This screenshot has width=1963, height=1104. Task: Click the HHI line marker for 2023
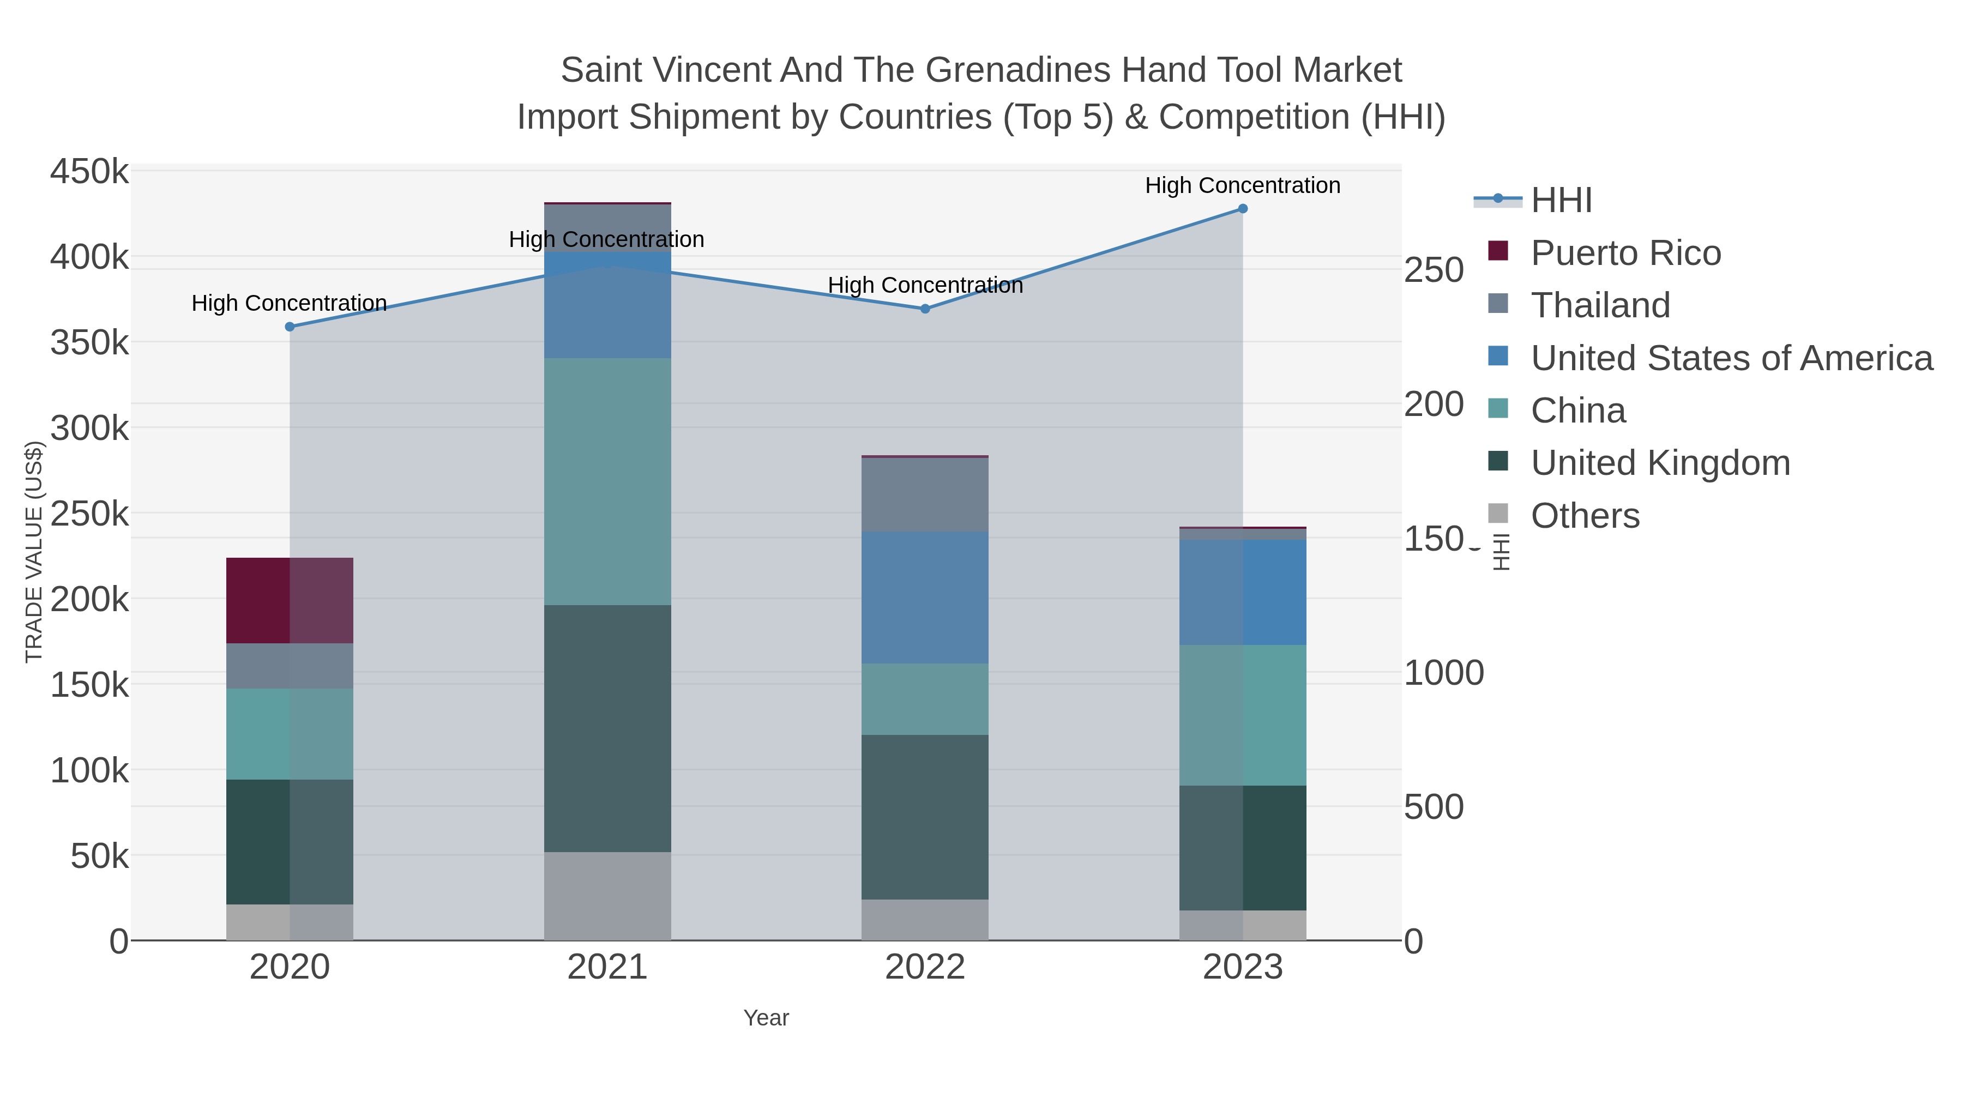[x=1242, y=209]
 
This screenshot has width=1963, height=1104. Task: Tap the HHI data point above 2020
[x=290, y=327]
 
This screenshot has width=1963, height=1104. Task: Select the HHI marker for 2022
[x=925, y=309]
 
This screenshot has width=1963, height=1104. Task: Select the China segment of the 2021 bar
[x=607, y=481]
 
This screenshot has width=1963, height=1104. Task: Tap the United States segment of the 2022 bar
[x=925, y=598]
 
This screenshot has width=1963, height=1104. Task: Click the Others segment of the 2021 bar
[x=607, y=896]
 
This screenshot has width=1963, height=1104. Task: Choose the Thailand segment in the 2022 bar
[x=925, y=494]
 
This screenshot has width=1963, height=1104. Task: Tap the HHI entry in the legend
[x=1561, y=201]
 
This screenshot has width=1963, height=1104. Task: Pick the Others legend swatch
[x=1498, y=514]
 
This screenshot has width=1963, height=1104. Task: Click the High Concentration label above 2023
[x=1242, y=185]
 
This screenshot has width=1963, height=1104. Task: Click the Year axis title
[x=766, y=1018]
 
